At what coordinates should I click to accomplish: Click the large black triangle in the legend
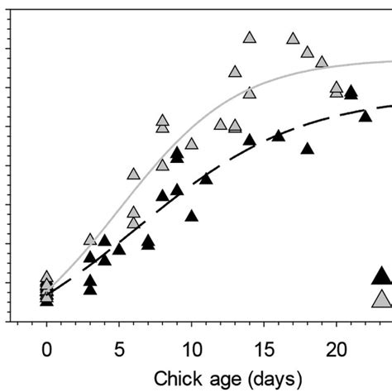(x=381, y=276)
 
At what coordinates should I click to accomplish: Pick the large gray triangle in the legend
(x=381, y=299)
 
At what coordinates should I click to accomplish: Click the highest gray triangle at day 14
(x=250, y=37)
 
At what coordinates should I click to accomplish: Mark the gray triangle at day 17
(x=293, y=39)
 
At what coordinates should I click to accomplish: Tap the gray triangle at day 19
(x=322, y=62)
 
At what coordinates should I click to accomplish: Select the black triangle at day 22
(x=365, y=116)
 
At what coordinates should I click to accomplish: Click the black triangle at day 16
(x=279, y=135)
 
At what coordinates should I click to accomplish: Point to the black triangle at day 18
(x=308, y=149)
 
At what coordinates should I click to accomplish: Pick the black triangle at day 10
(x=192, y=216)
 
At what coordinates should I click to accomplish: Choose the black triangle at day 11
(x=206, y=178)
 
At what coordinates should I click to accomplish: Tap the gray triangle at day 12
(x=221, y=124)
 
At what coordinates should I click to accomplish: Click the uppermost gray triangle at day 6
(x=134, y=174)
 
